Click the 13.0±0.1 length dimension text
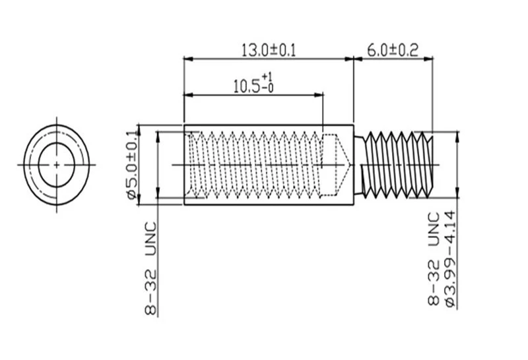tap(269, 51)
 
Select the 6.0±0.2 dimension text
tap(393, 51)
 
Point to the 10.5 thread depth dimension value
tap(247, 86)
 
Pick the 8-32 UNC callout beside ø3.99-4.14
tap(434, 258)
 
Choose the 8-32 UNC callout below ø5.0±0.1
tap(151, 268)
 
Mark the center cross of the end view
tap(57, 165)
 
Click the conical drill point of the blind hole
tap(343, 165)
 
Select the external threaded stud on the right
tap(394, 165)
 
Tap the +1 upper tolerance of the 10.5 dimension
tap(267, 76)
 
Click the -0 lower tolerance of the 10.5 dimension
tap(268, 88)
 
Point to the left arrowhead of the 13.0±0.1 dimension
tap(188, 59)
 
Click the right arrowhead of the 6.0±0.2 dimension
tap(428, 59)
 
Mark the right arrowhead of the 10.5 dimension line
tap(319, 95)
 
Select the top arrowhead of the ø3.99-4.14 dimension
tap(457, 136)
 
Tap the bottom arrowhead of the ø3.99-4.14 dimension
tap(457, 193)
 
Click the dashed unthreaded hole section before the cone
tap(329, 165)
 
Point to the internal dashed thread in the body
tap(254, 165)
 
